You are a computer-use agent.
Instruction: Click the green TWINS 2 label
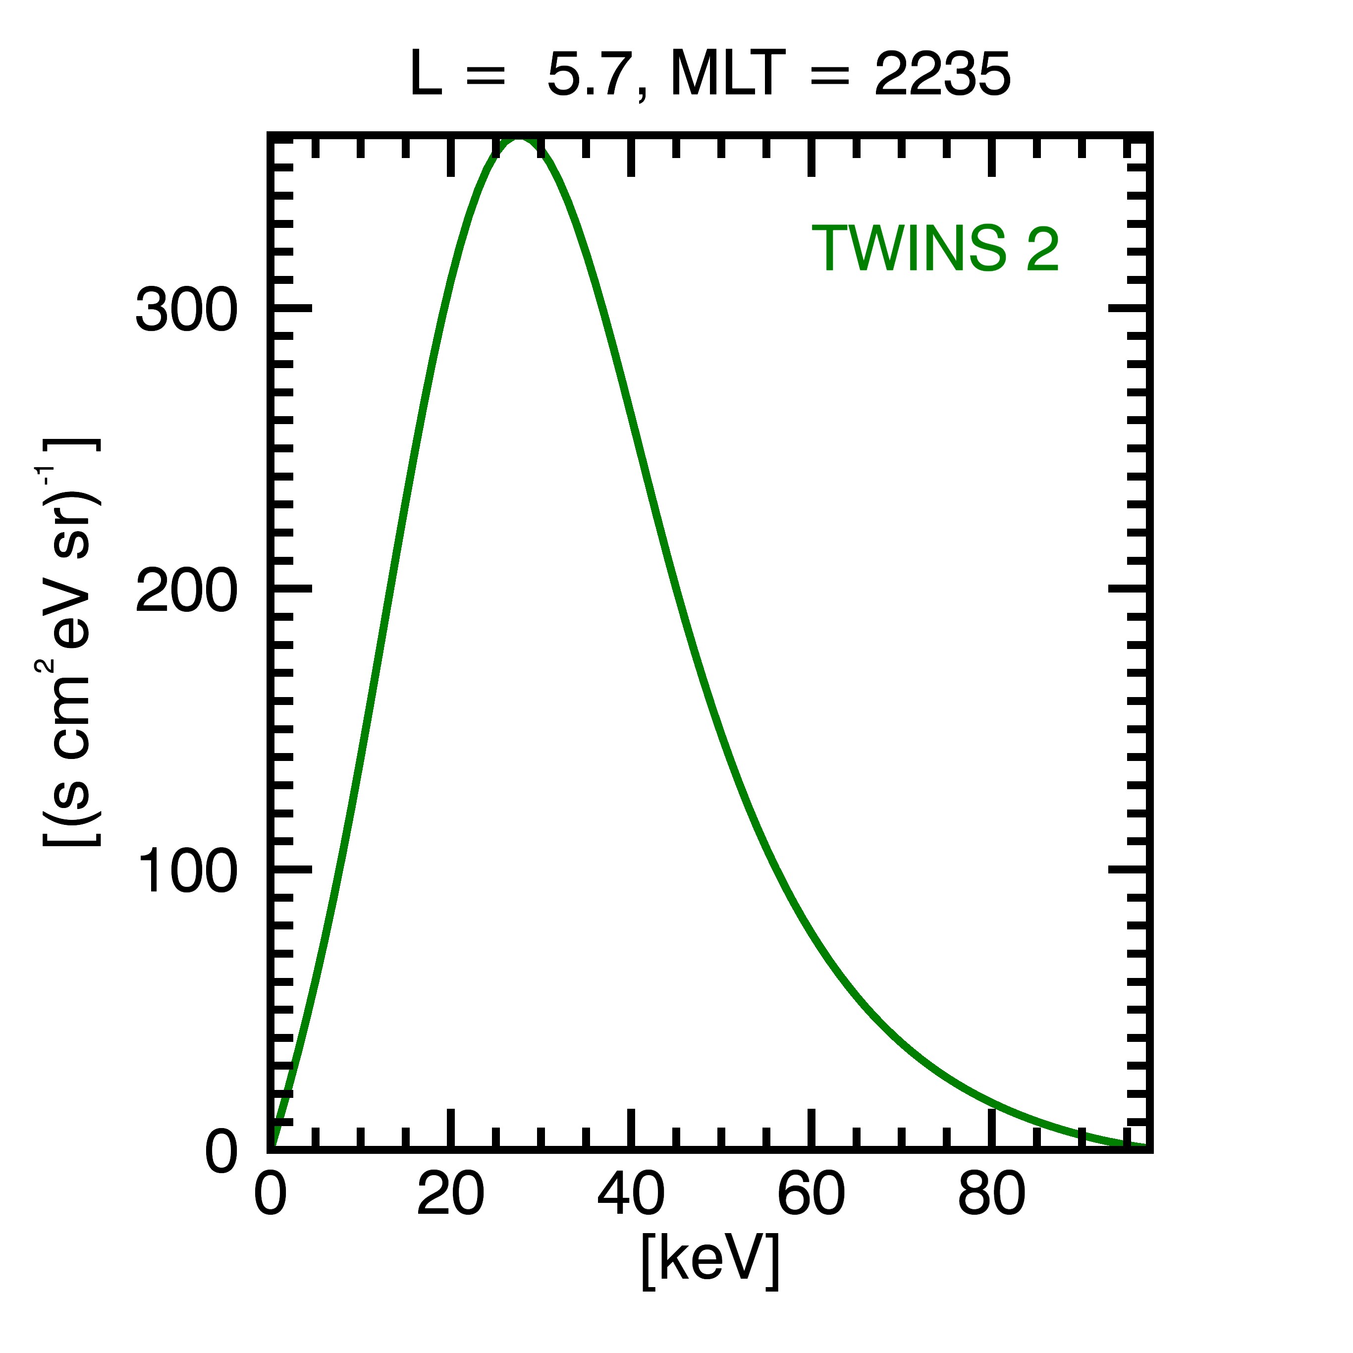click(935, 249)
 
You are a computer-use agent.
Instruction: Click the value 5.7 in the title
click(587, 75)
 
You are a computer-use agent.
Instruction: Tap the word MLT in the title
click(725, 75)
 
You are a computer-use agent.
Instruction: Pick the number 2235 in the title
click(942, 75)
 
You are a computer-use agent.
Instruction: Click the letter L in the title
click(425, 75)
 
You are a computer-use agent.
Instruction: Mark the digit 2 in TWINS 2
click(1043, 249)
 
